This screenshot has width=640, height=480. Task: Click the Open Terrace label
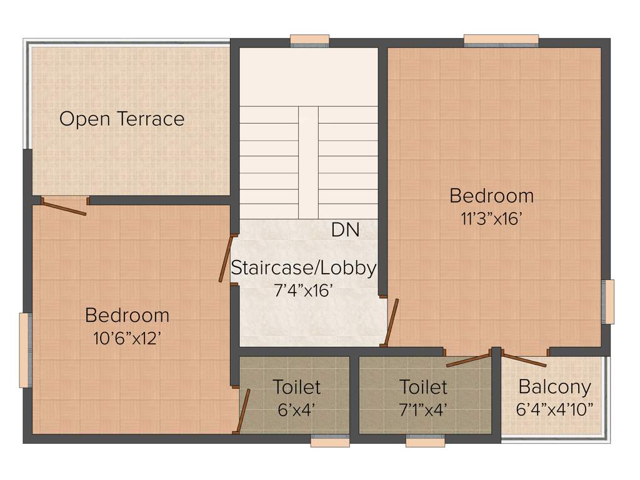[122, 119]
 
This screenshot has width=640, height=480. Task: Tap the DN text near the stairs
[345, 230]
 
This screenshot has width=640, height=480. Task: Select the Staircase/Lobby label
[304, 268]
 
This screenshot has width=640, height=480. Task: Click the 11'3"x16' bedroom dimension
[491, 219]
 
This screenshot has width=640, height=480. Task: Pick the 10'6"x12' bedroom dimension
[127, 338]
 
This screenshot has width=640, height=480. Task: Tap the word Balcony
[554, 387]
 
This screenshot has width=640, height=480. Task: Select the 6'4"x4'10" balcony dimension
[554, 410]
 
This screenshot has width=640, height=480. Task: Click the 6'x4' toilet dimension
[296, 410]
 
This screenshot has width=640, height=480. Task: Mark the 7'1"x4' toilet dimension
[423, 410]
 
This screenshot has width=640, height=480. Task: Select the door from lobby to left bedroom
[227, 259]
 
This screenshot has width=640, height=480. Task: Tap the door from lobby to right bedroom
[392, 322]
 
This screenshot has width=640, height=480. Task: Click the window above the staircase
[309, 41]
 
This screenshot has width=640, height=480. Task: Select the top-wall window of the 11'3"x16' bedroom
[501, 41]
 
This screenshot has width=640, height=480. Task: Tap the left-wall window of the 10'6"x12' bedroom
[24, 350]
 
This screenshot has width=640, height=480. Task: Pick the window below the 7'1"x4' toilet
[425, 442]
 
